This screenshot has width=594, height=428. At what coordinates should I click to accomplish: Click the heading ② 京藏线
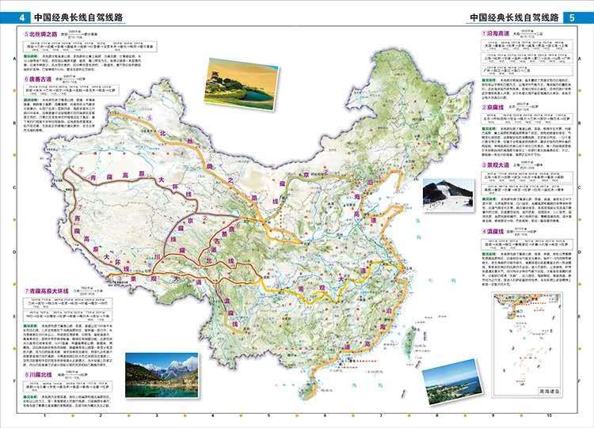(x=497, y=107)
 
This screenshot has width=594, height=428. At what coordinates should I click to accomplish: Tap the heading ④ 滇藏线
(x=497, y=232)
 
